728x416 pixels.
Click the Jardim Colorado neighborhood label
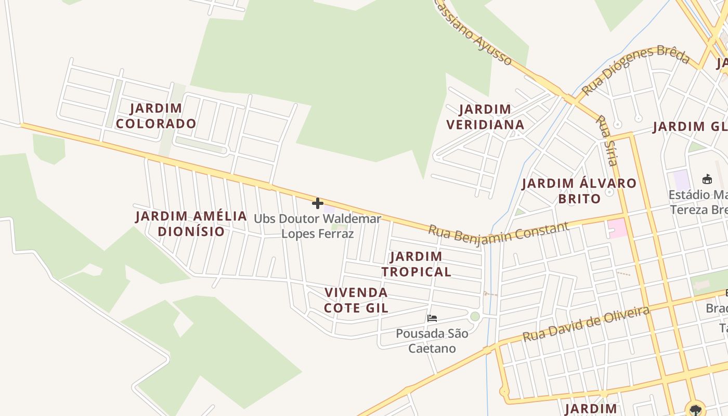pos(155,116)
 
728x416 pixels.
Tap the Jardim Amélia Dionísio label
pos(191,224)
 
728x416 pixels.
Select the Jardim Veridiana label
pos(485,117)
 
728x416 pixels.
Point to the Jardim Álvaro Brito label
pos(579,191)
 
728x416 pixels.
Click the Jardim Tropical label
pos(416,264)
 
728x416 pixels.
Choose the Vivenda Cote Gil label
pos(356,300)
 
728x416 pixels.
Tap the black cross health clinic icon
pos(317,203)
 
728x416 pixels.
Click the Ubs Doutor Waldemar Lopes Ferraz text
pos(317,226)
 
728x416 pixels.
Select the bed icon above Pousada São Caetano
pos(432,318)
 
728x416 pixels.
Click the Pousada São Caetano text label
pos(432,341)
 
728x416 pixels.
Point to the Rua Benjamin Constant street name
pos(498,232)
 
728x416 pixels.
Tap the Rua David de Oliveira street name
pos(586,323)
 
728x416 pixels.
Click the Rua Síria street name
pos(607,140)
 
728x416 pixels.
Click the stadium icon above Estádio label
pos(707,179)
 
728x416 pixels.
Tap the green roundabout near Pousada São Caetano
pos(475,316)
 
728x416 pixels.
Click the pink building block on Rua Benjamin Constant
pos(617,228)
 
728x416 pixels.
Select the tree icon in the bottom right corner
pos(695,409)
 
